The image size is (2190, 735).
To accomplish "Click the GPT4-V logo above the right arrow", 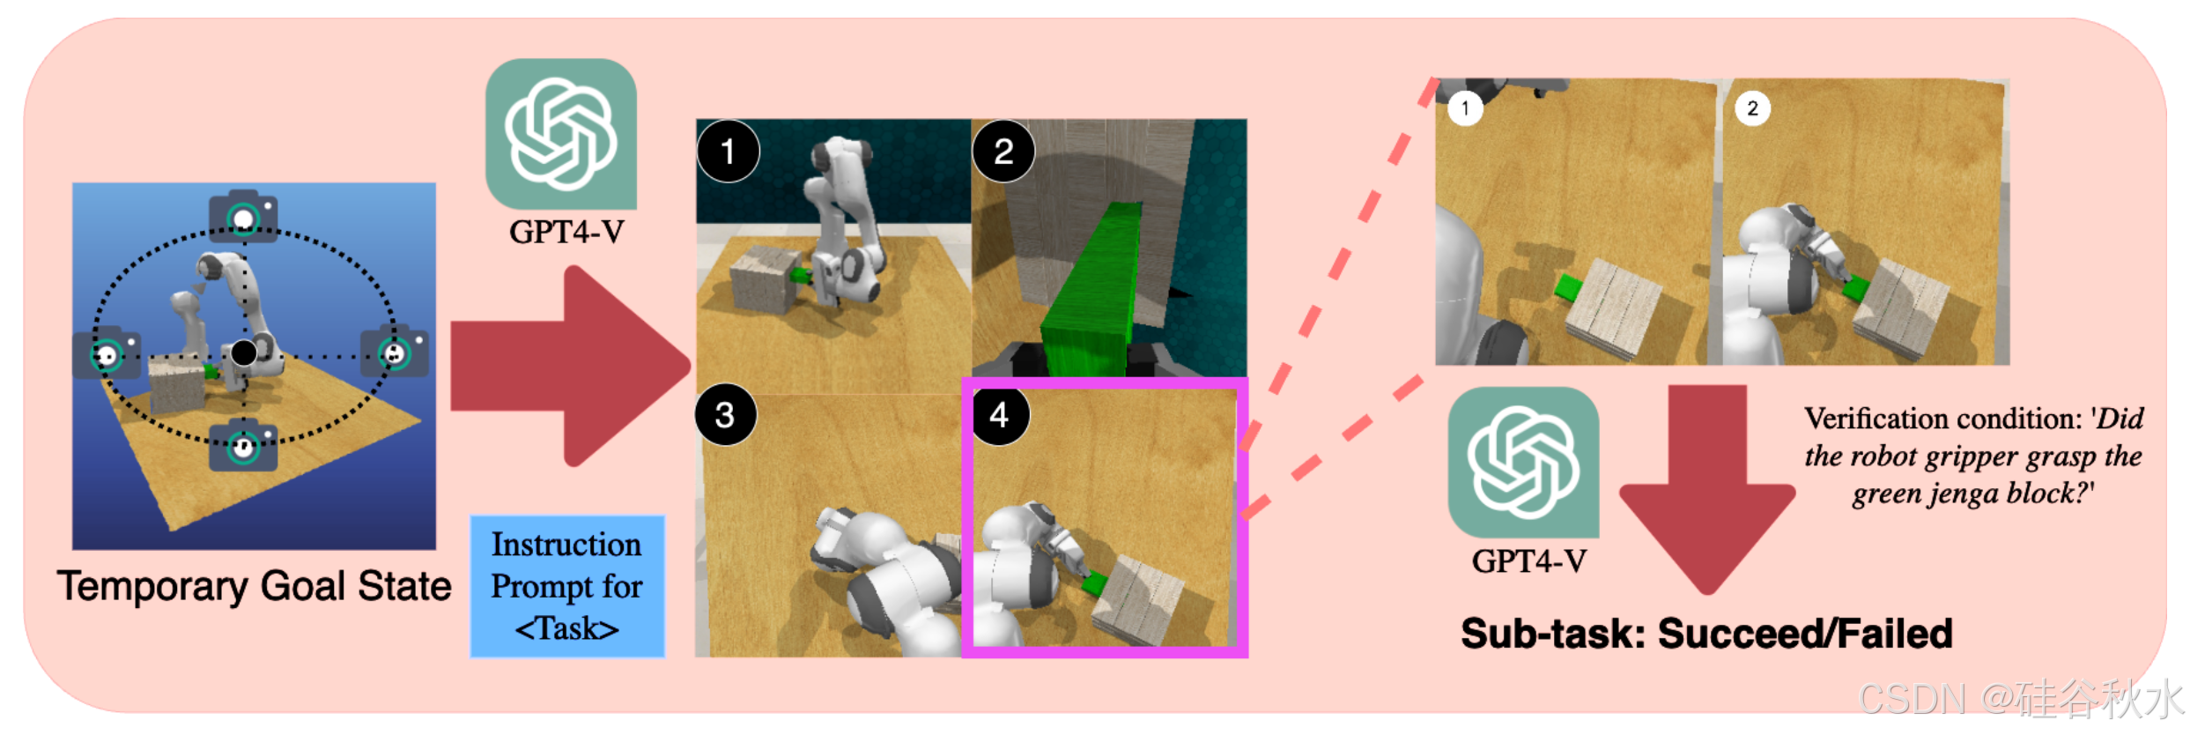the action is [x=561, y=134].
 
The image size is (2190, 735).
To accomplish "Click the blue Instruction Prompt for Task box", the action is [x=567, y=586].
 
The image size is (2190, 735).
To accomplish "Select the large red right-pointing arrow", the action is [x=569, y=366].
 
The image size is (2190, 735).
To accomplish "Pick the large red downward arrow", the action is [x=1706, y=489].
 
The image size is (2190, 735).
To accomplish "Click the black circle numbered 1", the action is [x=728, y=152].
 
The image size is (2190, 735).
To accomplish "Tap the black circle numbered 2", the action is [x=1003, y=152].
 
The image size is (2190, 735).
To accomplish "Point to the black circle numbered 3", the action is [x=725, y=415].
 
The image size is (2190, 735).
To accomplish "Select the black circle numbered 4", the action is [x=999, y=415].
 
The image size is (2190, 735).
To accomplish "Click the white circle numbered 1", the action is [x=1465, y=108].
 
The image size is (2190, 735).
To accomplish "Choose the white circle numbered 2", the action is [x=1752, y=108].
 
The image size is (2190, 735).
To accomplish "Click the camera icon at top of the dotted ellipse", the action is [x=243, y=216].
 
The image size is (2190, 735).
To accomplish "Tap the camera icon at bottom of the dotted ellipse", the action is [x=243, y=445].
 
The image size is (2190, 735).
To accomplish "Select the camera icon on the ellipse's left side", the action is [x=107, y=354].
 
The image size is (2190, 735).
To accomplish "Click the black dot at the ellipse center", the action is [x=244, y=353].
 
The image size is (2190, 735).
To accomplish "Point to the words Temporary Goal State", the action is [x=255, y=587].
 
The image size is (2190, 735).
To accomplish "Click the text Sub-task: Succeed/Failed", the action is [x=1706, y=634].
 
